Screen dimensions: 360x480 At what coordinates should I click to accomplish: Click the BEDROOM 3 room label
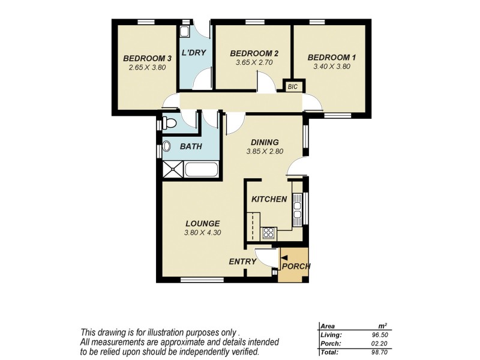pyautogui.click(x=148, y=58)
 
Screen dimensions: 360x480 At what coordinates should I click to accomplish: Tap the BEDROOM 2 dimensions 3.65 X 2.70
pyautogui.click(x=254, y=62)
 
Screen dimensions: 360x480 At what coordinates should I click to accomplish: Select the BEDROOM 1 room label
pyautogui.click(x=332, y=58)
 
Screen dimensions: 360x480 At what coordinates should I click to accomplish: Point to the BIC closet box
pyautogui.click(x=293, y=87)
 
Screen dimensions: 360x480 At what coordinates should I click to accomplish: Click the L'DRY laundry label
pyautogui.click(x=194, y=53)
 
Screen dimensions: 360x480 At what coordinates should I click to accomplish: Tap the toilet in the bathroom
pyautogui.click(x=170, y=124)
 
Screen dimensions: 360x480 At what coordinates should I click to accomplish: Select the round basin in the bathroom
pyautogui.click(x=167, y=146)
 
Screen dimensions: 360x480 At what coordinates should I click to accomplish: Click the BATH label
pyautogui.click(x=191, y=146)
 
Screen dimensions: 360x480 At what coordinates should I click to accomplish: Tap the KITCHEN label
pyautogui.click(x=269, y=199)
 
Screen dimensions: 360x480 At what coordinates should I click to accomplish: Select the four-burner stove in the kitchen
pyautogui.click(x=268, y=233)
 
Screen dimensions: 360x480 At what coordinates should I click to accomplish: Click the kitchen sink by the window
pyautogui.click(x=297, y=208)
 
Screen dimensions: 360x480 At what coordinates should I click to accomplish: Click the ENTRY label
pyautogui.click(x=243, y=262)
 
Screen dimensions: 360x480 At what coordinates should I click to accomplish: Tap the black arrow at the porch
pyautogui.click(x=284, y=257)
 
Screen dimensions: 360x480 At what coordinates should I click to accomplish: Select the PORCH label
pyautogui.click(x=296, y=266)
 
